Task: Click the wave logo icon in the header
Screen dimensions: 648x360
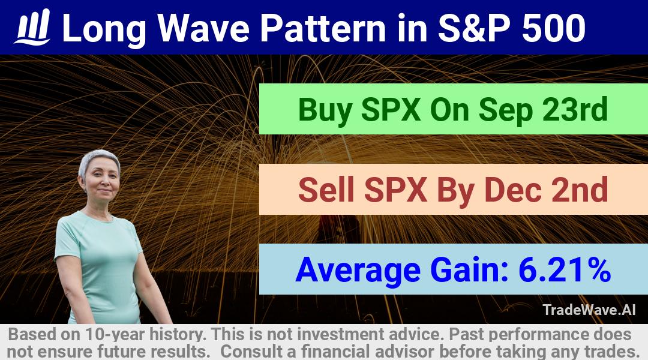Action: coord(32,27)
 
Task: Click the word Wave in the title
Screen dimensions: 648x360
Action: coord(203,28)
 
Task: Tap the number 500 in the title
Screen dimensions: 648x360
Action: coord(554,28)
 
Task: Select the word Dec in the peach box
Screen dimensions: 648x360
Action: coord(512,190)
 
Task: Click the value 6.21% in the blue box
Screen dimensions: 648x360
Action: coord(565,269)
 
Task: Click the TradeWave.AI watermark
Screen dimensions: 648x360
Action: coord(589,310)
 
